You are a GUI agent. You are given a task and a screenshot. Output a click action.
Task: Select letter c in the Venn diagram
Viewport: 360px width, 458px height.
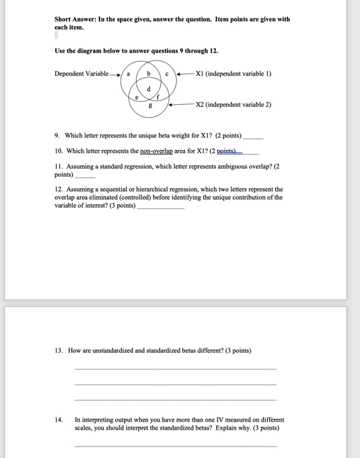click(166, 74)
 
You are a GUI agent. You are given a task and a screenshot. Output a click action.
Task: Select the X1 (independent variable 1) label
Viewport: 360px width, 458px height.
click(232, 74)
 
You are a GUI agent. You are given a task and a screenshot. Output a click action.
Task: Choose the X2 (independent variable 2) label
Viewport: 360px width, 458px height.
click(233, 105)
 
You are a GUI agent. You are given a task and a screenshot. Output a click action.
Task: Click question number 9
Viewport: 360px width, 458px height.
click(58, 135)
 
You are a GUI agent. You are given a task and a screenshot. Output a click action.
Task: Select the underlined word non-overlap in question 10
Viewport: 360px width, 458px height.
click(156, 151)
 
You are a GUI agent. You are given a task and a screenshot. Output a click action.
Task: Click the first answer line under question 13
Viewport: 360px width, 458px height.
click(175, 369)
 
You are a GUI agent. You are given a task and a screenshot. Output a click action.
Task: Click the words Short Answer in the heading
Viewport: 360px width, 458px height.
click(75, 20)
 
